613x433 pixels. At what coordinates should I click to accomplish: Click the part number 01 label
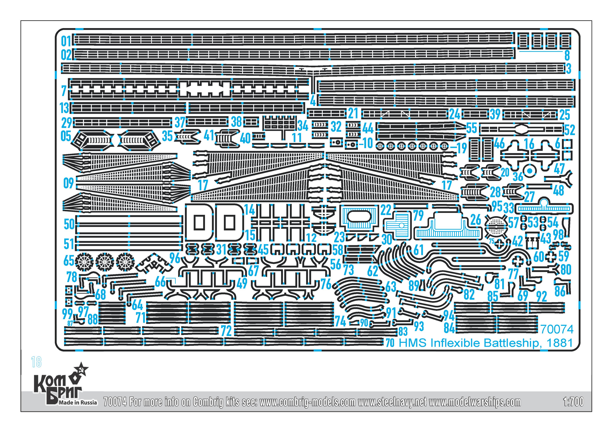click(x=66, y=41)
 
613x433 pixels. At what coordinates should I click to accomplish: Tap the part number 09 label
click(x=68, y=183)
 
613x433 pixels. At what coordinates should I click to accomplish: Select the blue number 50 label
click(x=69, y=224)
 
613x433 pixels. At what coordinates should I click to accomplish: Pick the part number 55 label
click(x=472, y=128)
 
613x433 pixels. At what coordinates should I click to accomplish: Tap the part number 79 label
click(x=418, y=216)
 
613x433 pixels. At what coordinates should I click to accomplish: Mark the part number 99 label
click(x=67, y=314)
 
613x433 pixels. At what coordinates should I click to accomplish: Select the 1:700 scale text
click(x=573, y=402)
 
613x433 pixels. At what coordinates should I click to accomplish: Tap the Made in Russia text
click(x=78, y=402)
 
